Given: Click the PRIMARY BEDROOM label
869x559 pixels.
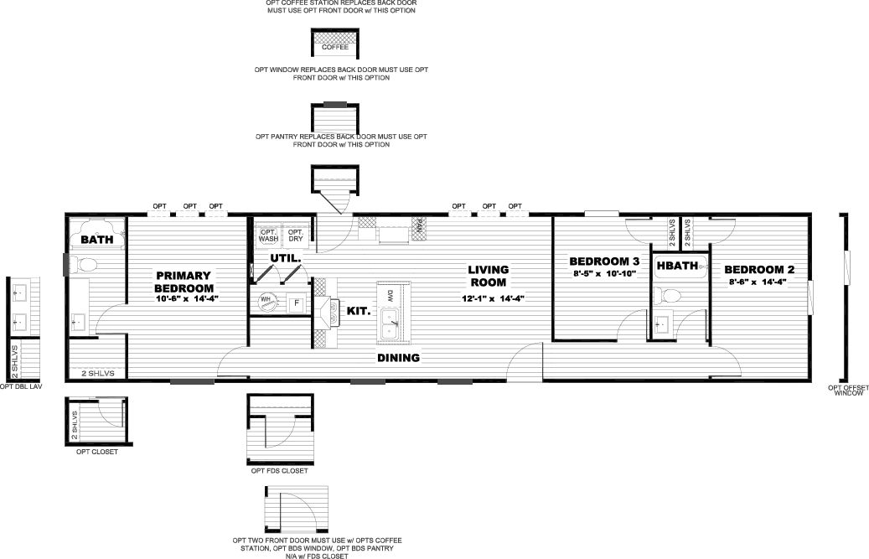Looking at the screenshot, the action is (x=184, y=282).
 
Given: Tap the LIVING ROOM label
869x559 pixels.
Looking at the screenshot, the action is (x=489, y=276).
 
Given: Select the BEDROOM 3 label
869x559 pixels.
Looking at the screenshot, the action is (x=604, y=261).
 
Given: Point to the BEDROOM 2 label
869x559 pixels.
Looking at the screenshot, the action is (x=759, y=269).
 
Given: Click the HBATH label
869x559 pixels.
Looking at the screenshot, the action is (x=677, y=266).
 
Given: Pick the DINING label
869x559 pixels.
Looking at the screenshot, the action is (x=399, y=357).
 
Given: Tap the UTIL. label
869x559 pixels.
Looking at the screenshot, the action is (x=286, y=258).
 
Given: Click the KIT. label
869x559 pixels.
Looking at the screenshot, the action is (x=359, y=311).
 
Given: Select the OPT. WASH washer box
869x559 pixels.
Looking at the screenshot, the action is (x=268, y=235).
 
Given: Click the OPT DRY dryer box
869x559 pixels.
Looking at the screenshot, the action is (x=296, y=235).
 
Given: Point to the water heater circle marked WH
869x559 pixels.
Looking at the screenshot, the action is (x=266, y=302).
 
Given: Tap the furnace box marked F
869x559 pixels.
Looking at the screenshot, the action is (x=297, y=303).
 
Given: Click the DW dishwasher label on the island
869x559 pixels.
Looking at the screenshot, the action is (x=391, y=294).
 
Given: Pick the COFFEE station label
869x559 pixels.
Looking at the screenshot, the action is (x=335, y=47).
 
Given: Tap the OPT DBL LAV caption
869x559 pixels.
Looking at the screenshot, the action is (x=20, y=386).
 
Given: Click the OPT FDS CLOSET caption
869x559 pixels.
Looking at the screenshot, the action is (x=279, y=470).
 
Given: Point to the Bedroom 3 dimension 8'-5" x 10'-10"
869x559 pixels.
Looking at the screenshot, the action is (x=604, y=273).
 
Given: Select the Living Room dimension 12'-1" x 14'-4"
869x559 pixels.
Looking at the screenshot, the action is (x=494, y=298).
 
